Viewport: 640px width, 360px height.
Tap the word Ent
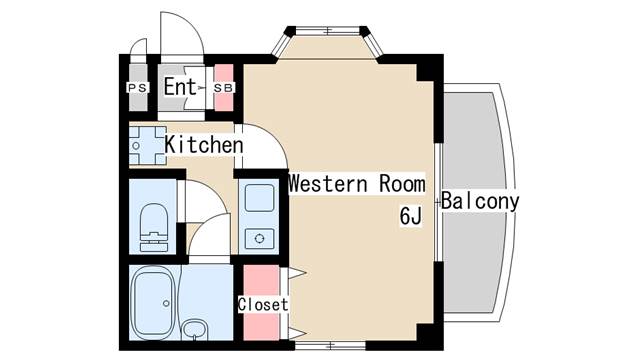point(180,87)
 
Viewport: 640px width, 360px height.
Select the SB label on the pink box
point(225,88)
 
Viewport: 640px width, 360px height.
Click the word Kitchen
point(204,145)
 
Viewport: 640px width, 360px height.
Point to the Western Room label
point(357,184)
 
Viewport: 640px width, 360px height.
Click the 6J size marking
point(409,215)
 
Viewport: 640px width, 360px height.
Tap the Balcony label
point(480,200)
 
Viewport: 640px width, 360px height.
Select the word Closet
point(263,304)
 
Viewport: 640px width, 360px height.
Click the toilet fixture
point(155,225)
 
